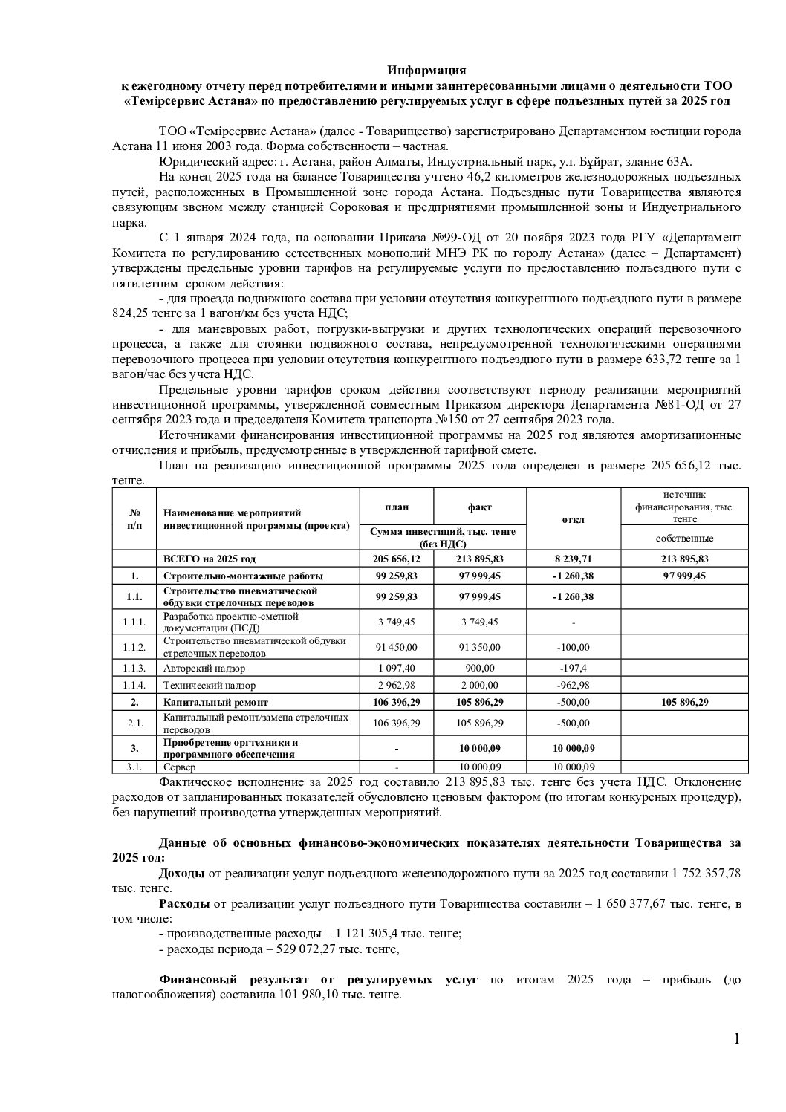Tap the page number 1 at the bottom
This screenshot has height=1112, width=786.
point(736,1038)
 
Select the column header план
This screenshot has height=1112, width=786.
point(397,507)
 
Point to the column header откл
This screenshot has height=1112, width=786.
point(573,519)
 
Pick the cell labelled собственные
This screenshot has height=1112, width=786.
point(684,538)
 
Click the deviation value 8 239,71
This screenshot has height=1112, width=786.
point(573,559)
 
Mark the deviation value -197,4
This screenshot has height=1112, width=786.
point(573,668)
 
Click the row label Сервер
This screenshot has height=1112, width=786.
point(178,767)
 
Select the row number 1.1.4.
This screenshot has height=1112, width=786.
point(135,685)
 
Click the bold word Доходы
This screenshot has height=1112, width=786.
point(182,874)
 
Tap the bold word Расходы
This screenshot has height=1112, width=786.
point(184,904)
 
